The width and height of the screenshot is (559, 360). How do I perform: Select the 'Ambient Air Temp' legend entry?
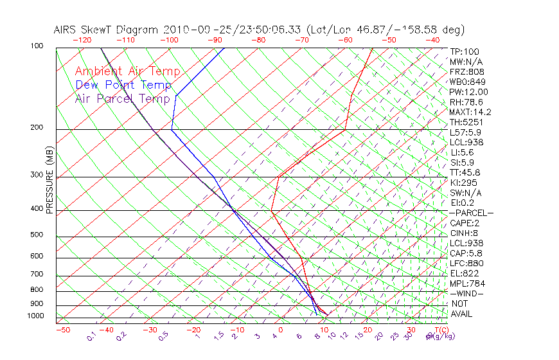[127, 71]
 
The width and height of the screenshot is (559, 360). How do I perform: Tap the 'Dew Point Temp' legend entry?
[123, 85]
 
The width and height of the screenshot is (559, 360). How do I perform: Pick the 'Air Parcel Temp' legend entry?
[122, 98]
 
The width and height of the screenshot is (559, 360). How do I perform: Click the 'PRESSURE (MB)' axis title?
[49, 181]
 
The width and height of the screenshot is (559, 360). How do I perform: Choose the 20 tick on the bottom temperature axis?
[368, 330]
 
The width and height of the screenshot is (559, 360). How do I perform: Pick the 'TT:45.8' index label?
[465, 172]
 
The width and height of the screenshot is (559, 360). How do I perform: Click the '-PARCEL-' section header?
[471, 213]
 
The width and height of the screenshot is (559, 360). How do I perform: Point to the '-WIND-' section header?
[466, 293]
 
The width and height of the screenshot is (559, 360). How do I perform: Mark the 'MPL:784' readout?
[466, 283]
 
